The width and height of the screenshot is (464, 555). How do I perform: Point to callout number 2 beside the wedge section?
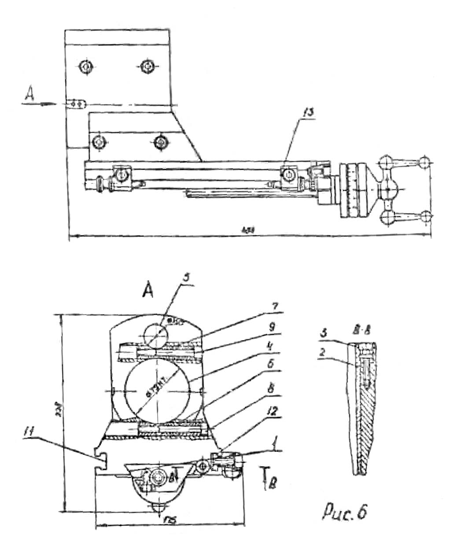(x=322, y=352)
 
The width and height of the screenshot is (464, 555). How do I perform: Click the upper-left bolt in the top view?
(x=85, y=67)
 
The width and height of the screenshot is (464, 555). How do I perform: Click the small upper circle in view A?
(x=155, y=333)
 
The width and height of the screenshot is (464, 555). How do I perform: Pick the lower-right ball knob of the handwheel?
(x=425, y=216)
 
